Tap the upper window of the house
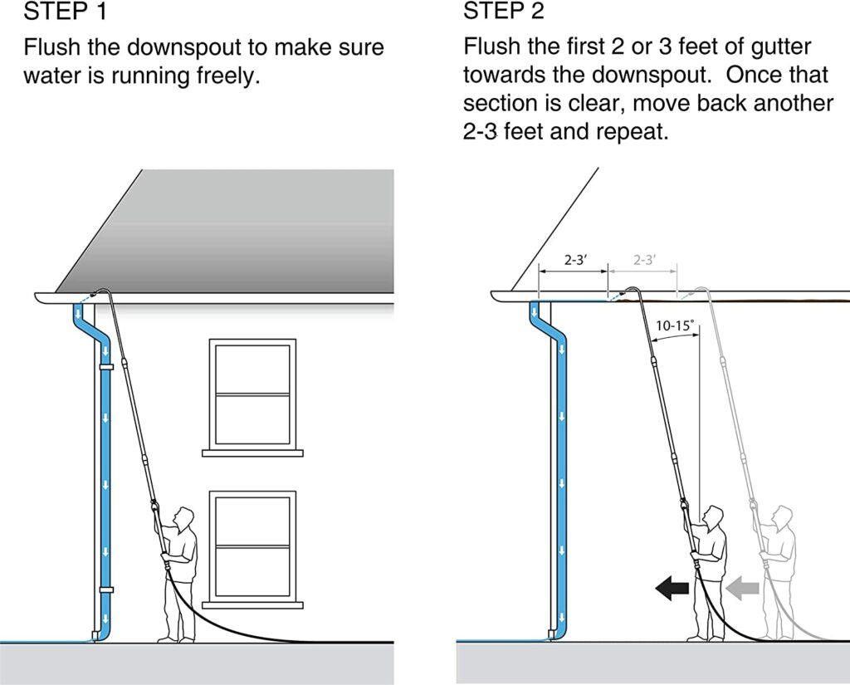(252, 394)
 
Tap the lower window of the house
(252, 545)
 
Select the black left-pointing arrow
(672, 589)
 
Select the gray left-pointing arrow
(743, 589)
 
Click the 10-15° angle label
(673, 326)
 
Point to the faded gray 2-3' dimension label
(643, 260)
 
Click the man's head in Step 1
(187, 517)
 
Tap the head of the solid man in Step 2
(715, 516)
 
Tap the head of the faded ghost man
(784, 516)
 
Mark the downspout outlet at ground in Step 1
(100, 636)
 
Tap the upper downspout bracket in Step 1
(105, 365)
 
